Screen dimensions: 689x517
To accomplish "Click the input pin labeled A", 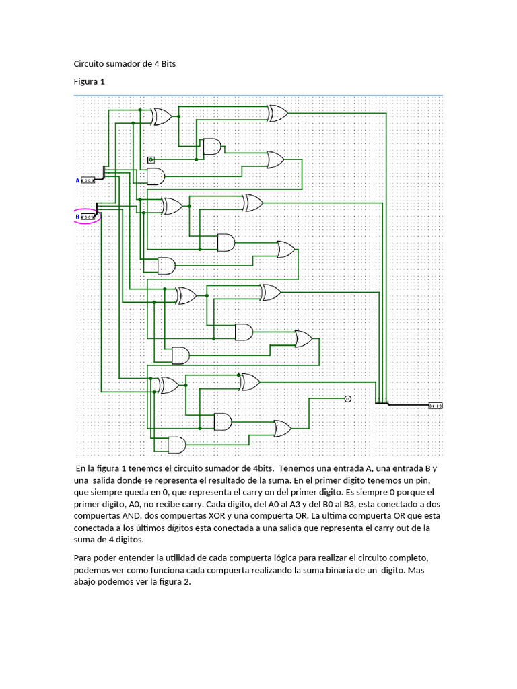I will (88, 180).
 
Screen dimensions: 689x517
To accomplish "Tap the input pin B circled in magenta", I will (88, 217).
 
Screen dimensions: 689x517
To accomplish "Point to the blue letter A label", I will (77, 180).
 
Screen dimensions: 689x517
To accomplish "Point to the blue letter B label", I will (77, 217).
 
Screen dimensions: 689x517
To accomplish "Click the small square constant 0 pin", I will (151, 159).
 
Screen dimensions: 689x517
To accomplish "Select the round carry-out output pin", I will (347, 398).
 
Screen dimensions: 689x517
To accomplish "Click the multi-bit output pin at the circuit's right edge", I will (436, 405).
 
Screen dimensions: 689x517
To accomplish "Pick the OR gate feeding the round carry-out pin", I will (281, 428).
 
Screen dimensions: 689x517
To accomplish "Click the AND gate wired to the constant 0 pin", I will (211, 147).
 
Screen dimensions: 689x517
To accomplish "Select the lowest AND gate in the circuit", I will (176, 445).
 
